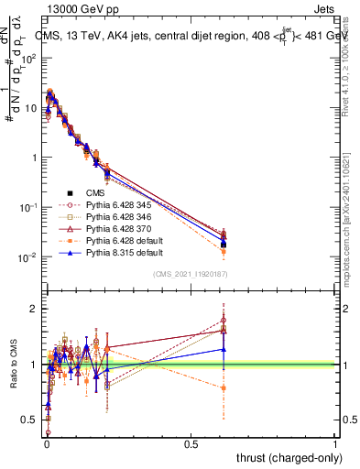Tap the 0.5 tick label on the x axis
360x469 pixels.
point(191,444)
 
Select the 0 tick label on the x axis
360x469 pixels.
point(47,444)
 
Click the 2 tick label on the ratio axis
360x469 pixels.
point(36,309)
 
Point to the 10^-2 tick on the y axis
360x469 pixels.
point(30,256)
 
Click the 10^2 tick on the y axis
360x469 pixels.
point(31,58)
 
